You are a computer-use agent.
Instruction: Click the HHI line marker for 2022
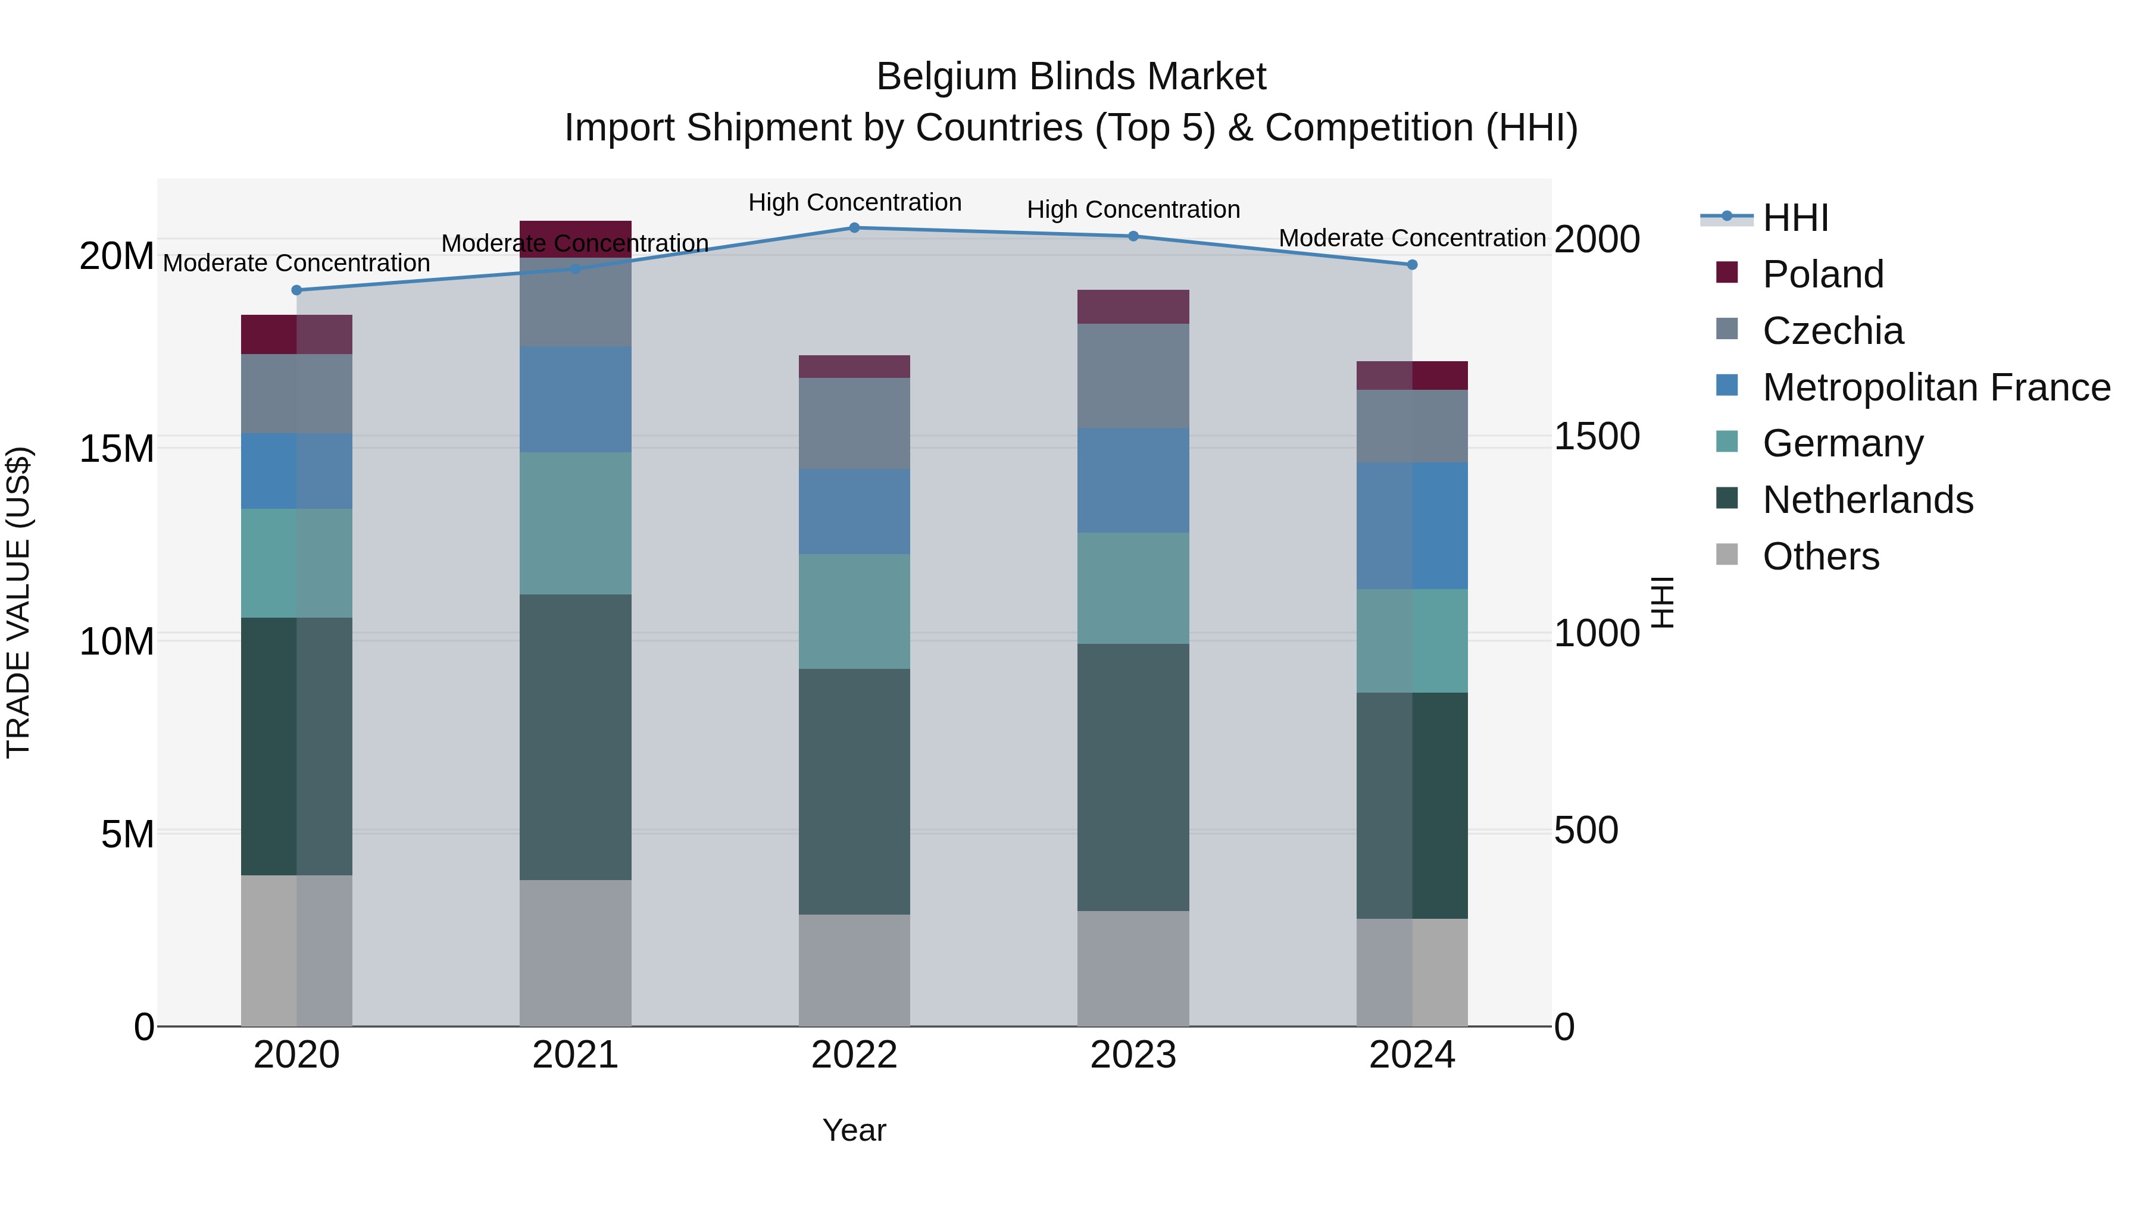854,227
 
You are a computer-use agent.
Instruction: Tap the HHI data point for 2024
1412,264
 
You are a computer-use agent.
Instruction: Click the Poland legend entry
1822,274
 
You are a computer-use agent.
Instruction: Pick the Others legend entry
1820,556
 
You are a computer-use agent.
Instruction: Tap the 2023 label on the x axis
1132,1055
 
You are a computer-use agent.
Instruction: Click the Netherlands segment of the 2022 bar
854,791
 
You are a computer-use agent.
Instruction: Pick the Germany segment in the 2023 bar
1132,588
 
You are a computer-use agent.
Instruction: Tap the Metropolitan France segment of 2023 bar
1132,481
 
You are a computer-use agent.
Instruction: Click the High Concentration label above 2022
854,202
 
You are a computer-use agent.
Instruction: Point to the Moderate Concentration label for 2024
1412,238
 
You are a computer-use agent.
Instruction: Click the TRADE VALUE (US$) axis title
18,602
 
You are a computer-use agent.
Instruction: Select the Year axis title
854,1130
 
